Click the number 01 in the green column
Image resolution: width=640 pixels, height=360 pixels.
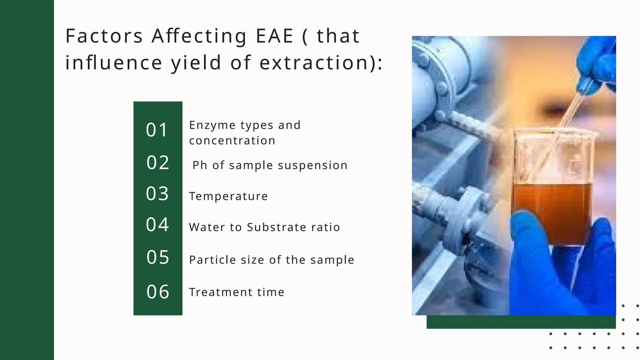[157, 130]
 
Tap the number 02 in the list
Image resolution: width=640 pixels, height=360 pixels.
[158, 163]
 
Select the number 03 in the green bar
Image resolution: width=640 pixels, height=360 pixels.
[157, 194]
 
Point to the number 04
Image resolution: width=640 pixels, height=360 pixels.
[157, 225]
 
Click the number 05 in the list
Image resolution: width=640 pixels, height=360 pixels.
[158, 257]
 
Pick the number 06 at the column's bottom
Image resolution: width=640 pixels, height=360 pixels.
[158, 292]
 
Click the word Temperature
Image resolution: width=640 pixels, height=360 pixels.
[228, 196]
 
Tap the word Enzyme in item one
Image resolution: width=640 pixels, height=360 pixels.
[212, 125]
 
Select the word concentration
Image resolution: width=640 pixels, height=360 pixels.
[232, 141]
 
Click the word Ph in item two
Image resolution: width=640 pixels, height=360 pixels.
[200, 165]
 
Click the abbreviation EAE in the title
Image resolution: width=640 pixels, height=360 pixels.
[275, 36]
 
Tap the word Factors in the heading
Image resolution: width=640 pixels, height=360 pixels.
[104, 36]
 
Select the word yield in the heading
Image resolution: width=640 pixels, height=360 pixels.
[196, 63]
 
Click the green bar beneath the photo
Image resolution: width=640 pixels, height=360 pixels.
[521, 322]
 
